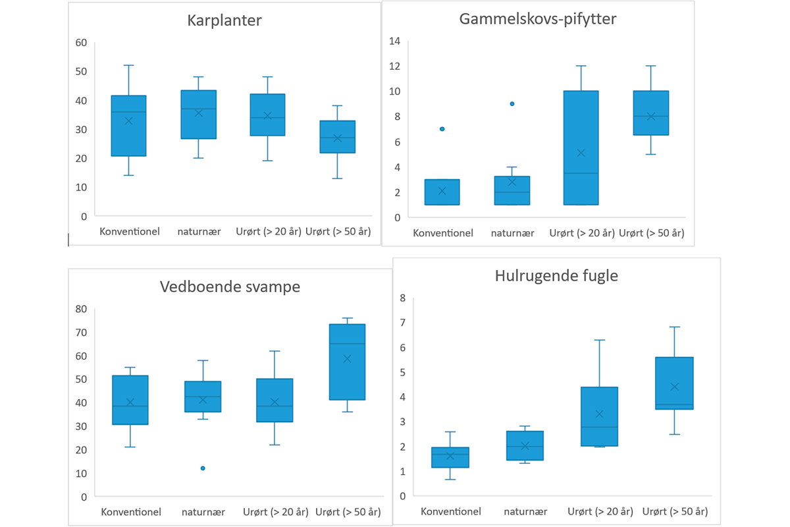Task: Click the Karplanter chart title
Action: (x=225, y=20)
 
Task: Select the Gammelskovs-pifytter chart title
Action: (x=537, y=19)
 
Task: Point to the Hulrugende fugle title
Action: (x=556, y=276)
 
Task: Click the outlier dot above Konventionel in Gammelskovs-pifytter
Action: (x=442, y=129)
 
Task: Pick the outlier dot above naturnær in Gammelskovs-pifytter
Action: (x=512, y=103)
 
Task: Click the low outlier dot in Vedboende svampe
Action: (x=203, y=468)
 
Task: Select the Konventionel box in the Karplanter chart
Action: (x=128, y=126)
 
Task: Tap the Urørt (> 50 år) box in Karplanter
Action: (x=338, y=137)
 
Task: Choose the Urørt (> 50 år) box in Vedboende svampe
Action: (x=347, y=362)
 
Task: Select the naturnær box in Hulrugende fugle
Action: (x=525, y=445)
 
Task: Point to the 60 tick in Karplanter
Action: (x=82, y=43)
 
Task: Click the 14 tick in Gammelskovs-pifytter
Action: (x=395, y=41)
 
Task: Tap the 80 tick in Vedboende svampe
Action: (x=82, y=309)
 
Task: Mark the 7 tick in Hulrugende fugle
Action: (x=402, y=322)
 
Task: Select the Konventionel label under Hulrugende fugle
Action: (x=451, y=511)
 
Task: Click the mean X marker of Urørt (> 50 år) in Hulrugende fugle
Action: (x=675, y=387)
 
